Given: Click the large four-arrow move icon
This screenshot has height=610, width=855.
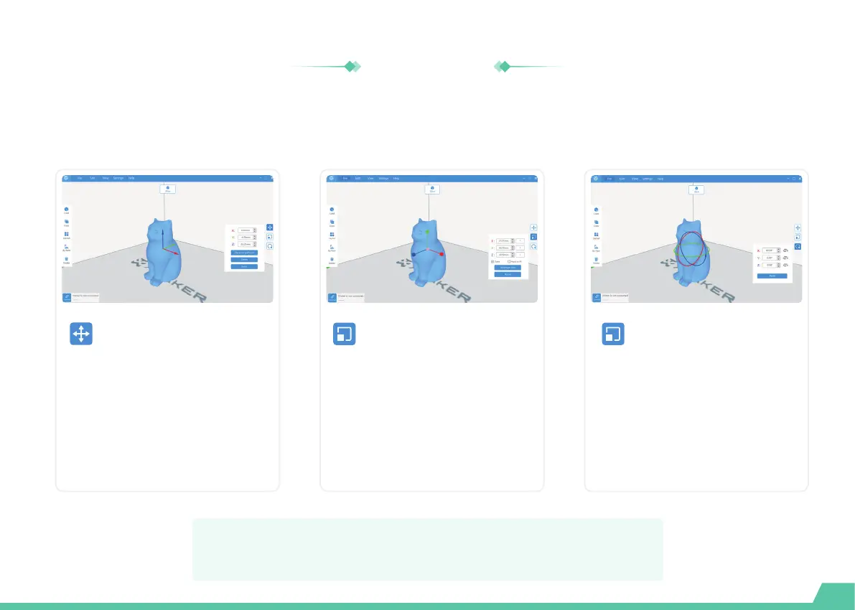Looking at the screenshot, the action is pos(81,334).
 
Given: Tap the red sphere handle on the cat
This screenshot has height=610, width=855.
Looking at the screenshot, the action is pos(442,254).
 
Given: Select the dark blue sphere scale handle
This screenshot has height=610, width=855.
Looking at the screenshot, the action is pos(414,254).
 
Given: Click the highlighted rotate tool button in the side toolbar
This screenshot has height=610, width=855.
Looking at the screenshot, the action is pos(798,246).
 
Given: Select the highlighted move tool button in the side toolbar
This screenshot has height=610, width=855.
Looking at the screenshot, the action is pos(269,227).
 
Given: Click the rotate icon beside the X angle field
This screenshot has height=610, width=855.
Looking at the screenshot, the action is pos(786,250).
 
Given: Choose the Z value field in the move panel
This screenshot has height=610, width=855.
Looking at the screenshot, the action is pos(246,244).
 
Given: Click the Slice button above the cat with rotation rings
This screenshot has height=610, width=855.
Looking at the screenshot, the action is pos(696,189).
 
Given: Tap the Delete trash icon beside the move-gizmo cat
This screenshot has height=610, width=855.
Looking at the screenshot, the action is pos(66,259).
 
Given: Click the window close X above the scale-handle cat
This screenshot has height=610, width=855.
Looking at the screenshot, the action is pos(537,177).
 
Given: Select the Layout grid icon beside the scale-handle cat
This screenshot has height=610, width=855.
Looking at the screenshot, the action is pos(332,235).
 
